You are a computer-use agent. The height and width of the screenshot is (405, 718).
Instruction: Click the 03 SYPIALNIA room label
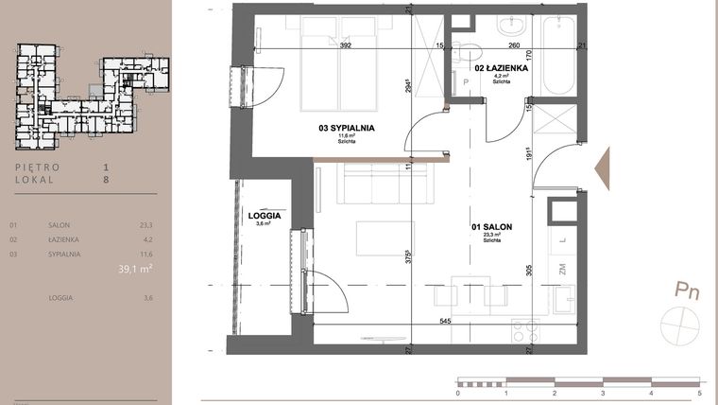point(347,127)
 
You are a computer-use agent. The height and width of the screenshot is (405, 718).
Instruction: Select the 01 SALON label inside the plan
point(490,228)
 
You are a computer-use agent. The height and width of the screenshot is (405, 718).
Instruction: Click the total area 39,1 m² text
point(135,268)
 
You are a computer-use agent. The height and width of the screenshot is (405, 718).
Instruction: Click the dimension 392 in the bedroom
point(346,44)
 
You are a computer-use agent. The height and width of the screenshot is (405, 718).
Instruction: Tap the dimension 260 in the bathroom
point(514,44)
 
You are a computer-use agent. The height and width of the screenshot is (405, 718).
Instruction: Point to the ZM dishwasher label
point(561,271)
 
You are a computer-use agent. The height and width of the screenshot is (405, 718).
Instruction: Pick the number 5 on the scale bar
point(699,392)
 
